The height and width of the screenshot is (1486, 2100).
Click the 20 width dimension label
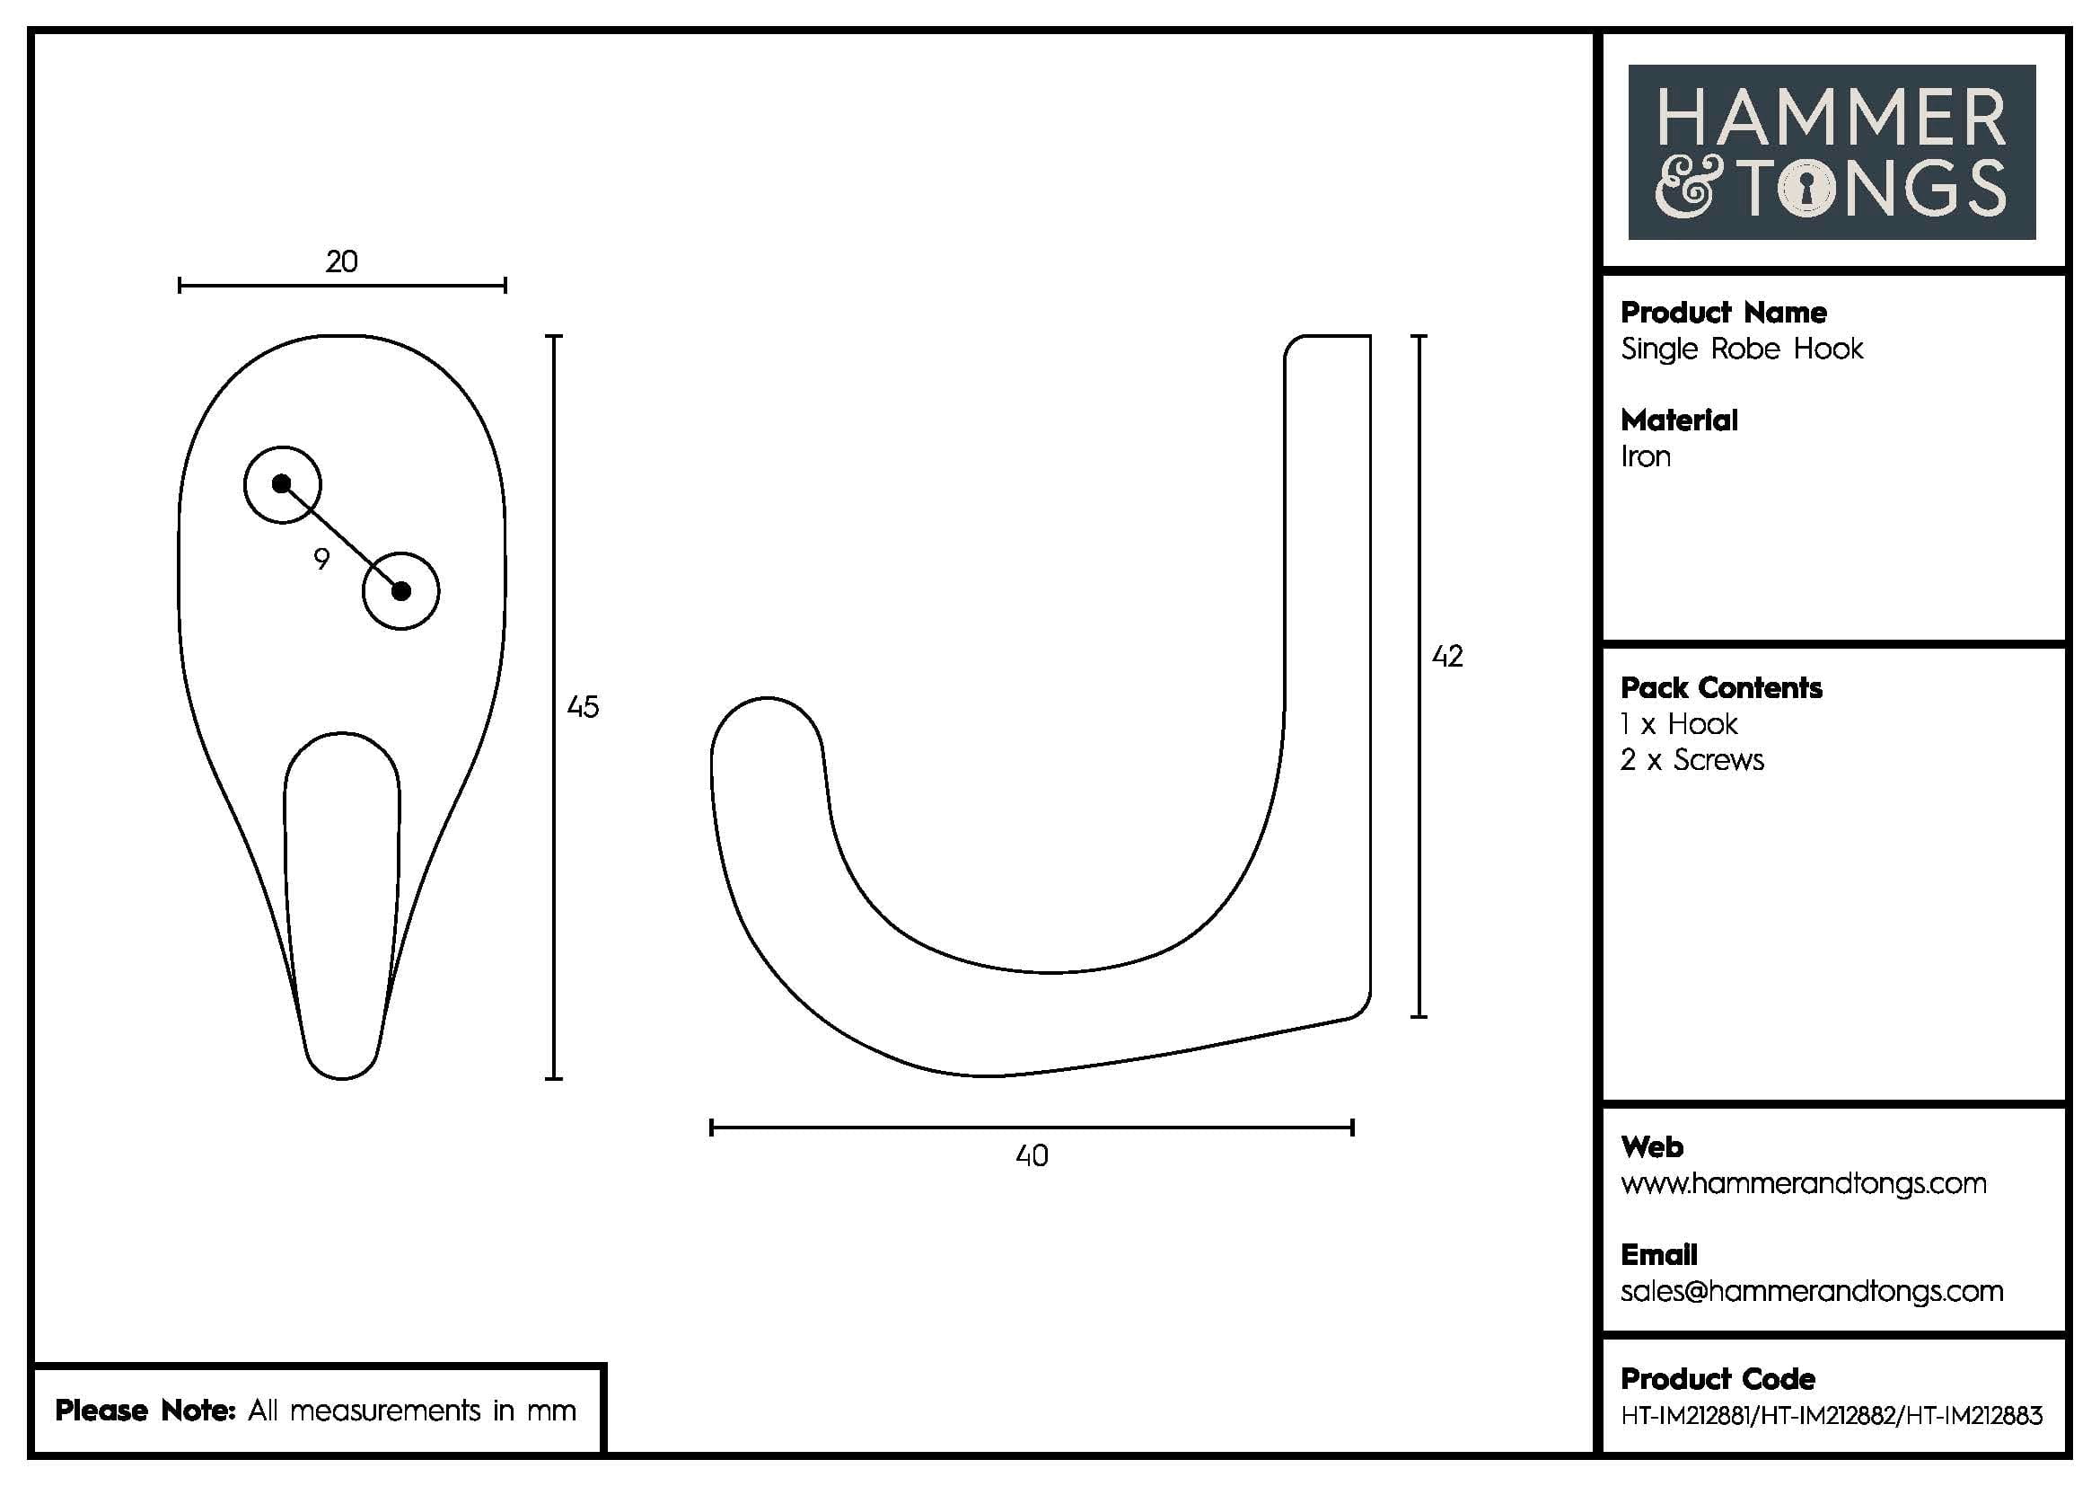(341, 262)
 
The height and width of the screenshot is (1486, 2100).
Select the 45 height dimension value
(583, 706)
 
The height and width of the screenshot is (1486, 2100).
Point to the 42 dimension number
(1447, 656)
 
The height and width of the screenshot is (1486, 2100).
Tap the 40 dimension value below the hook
(1032, 1155)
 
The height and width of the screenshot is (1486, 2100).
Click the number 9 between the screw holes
(321, 558)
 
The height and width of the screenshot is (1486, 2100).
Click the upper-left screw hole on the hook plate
(282, 484)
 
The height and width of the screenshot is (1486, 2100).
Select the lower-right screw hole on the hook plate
(400, 591)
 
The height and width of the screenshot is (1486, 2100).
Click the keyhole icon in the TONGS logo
(1806, 189)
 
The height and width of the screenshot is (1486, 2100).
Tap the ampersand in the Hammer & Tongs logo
(1683, 189)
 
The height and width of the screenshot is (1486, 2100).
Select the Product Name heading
(1723, 313)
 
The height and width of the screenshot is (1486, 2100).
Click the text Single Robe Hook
(1742, 349)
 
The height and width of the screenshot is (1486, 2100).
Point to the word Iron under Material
(1646, 456)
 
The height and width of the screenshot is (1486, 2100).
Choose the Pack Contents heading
(1720, 688)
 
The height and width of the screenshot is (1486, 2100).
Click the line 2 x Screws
(1692, 760)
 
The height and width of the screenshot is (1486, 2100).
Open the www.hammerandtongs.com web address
(1803, 1183)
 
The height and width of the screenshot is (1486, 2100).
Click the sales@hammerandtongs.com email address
(1811, 1291)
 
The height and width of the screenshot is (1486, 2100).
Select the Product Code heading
(1717, 1379)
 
